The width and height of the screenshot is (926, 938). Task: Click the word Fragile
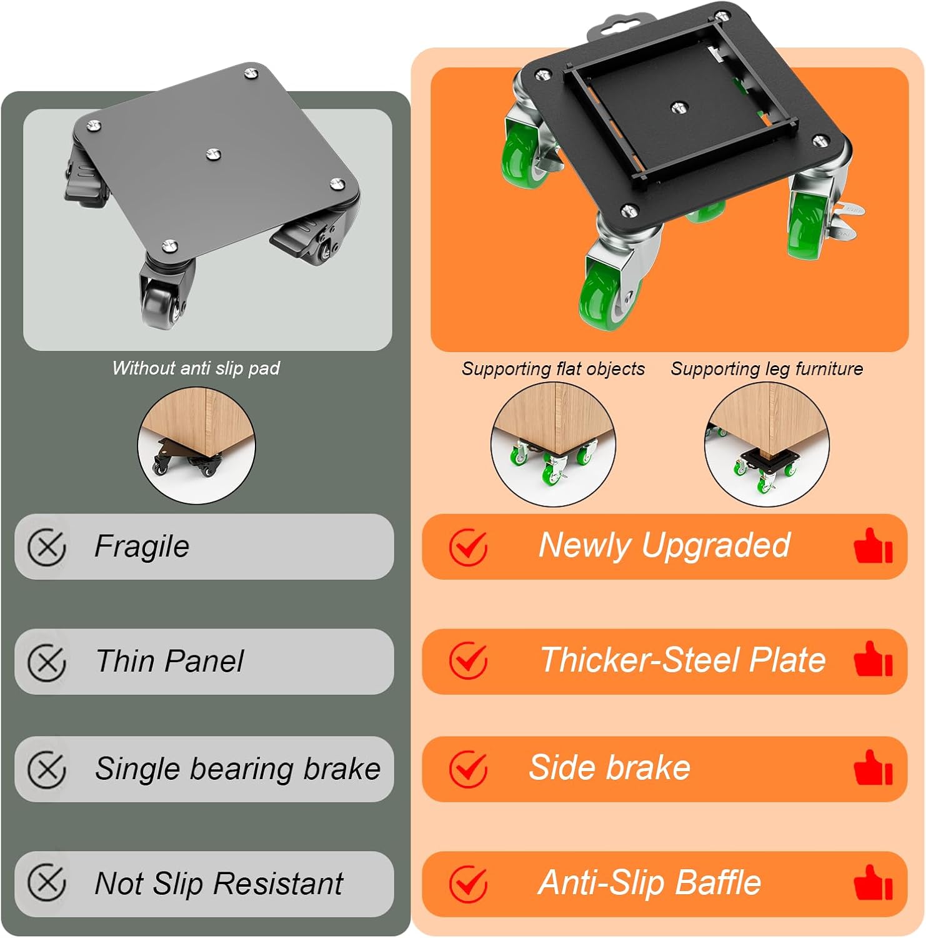tap(142, 547)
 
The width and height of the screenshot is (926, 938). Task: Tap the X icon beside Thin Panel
tap(47, 662)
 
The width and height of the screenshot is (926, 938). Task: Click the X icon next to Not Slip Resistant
tap(47, 883)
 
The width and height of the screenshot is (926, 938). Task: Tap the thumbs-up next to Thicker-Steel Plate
tap(873, 659)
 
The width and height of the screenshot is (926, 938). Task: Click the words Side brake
tap(610, 768)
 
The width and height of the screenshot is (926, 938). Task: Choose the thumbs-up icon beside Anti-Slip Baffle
tap(873, 882)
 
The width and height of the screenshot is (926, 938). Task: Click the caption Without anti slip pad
tap(196, 368)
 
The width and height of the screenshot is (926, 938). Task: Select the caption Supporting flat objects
tap(553, 369)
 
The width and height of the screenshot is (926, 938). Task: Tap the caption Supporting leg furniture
tap(767, 369)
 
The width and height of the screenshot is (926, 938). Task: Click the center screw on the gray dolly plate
tap(213, 153)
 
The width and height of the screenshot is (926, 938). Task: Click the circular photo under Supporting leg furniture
tap(767, 445)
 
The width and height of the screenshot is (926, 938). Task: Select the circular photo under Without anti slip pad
tap(196, 445)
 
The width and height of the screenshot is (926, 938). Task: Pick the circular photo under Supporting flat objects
tap(553, 445)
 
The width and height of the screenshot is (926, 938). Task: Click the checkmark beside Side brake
tap(468, 769)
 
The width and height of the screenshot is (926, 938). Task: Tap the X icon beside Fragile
tap(47, 548)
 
